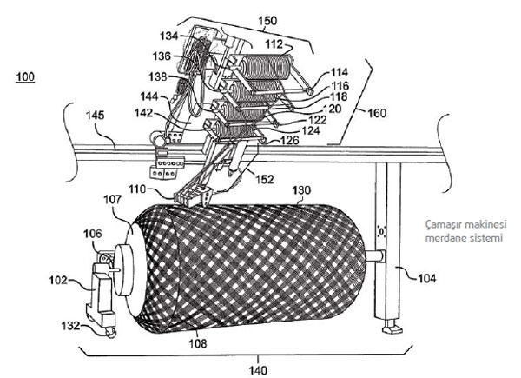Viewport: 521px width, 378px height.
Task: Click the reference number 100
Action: tap(26, 77)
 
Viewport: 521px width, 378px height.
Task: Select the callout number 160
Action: tap(376, 111)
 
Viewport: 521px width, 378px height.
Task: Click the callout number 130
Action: tap(301, 189)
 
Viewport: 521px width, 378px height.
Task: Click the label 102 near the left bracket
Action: tap(57, 281)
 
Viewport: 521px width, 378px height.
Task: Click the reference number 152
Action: tap(263, 179)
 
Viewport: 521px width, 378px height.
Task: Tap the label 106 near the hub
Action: tap(91, 234)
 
